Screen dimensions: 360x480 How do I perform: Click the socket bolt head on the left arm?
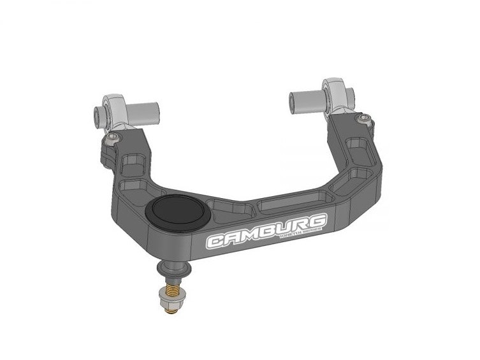[x=113, y=138]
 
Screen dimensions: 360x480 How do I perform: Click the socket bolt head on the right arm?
[x=363, y=117]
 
